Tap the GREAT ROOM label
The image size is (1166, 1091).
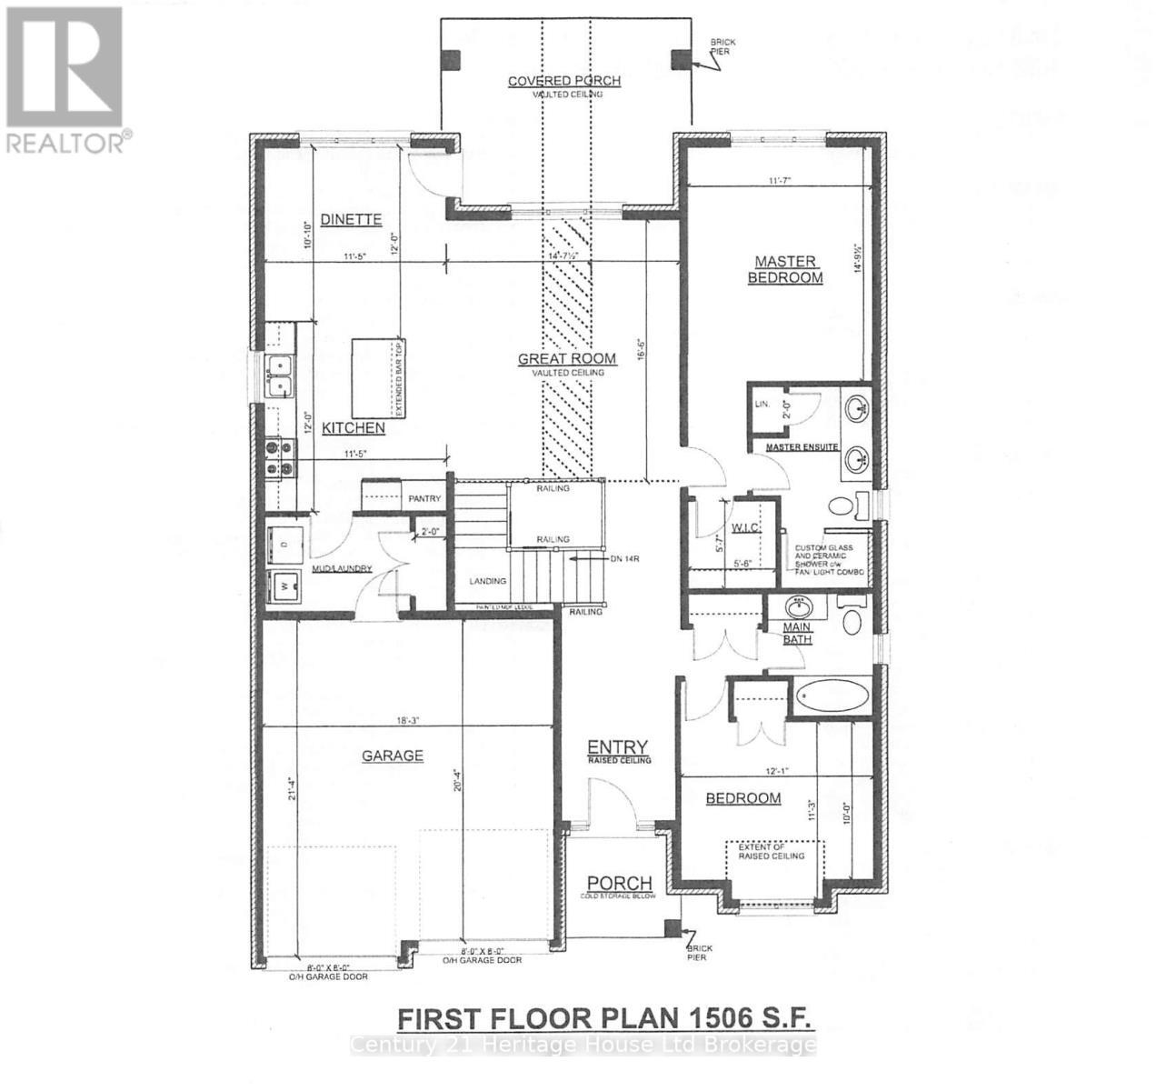click(x=566, y=359)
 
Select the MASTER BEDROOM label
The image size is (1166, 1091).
click(x=784, y=270)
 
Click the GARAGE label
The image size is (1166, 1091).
click(x=393, y=756)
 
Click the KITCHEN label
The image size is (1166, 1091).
click(x=354, y=427)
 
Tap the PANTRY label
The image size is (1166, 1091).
click(x=424, y=498)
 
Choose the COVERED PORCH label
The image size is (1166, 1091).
click(x=563, y=81)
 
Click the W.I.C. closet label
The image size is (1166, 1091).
click(x=746, y=528)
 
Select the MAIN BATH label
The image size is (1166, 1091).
click(x=797, y=634)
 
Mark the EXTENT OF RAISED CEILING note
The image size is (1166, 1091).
click(x=777, y=852)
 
